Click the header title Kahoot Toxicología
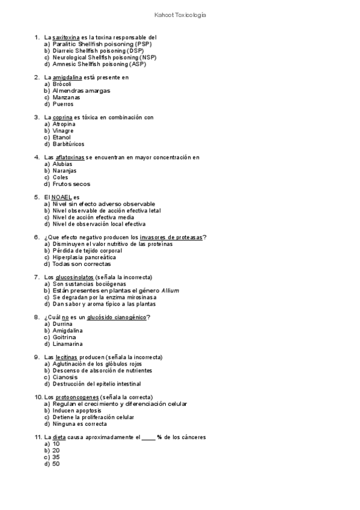pos(180,16)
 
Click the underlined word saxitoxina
pos(66,37)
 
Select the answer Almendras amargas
pos(81,91)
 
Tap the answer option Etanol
pos(61,137)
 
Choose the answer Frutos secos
pos(71,184)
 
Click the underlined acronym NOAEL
pos(62,197)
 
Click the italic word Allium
pos(170,290)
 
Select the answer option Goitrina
pos(64,337)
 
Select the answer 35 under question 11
pos(56,457)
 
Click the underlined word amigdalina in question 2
pos(67,78)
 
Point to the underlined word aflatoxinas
pos(69,158)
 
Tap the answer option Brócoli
pos(62,84)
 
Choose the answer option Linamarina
pos(67,344)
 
